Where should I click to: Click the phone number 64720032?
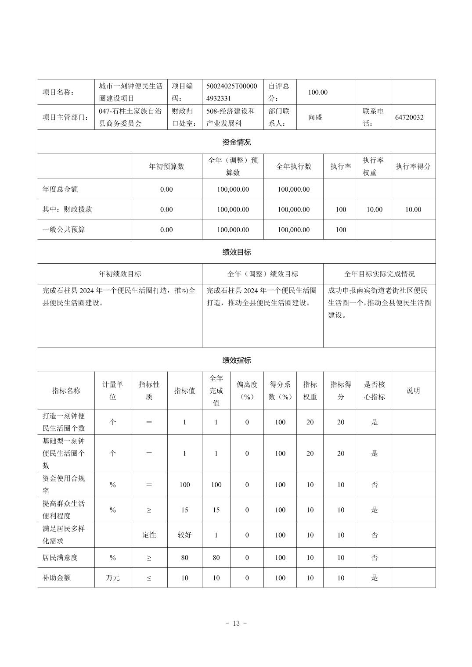(409, 117)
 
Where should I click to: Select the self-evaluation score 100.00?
(317, 92)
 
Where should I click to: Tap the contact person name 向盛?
(315, 117)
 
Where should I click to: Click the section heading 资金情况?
(237, 142)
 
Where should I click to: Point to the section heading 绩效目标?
(237, 252)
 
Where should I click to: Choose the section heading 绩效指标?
(237, 360)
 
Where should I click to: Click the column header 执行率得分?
(413, 166)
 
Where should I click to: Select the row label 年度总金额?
(60, 189)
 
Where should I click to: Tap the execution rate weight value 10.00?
(374, 209)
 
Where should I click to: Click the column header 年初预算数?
(166, 166)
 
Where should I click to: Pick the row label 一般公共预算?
(64, 230)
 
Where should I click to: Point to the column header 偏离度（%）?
(247, 391)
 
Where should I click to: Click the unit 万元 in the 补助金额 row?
(113, 577)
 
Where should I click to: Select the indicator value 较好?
(184, 535)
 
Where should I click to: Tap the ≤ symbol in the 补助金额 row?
(149, 578)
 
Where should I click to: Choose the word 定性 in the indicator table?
(149, 535)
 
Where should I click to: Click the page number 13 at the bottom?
(236, 623)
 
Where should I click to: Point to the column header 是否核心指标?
(374, 391)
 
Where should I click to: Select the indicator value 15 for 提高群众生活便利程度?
(184, 510)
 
